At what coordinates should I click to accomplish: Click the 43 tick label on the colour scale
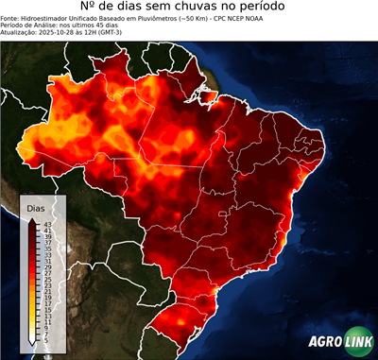pos(47,223)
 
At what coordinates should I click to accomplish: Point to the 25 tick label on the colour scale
pos(47,280)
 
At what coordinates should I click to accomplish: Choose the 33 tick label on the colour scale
pos(47,254)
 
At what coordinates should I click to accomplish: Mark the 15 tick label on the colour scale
pos(47,311)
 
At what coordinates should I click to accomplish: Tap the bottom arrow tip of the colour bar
pos(32,345)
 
